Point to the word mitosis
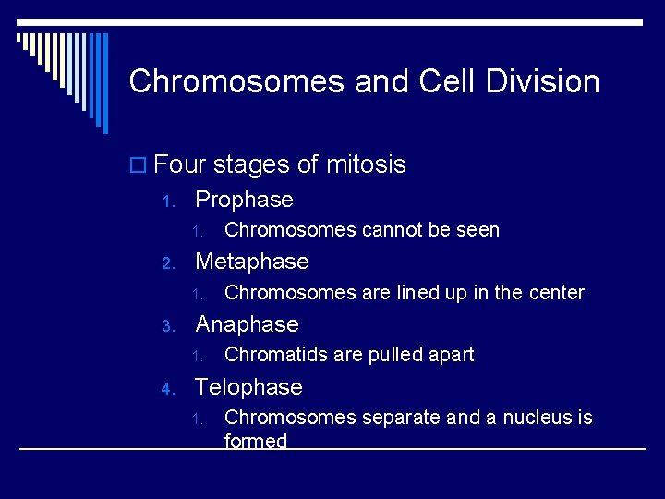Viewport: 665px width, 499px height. [x=365, y=165]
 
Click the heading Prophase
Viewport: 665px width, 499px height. [x=244, y=200]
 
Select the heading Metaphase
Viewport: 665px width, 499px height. [x=252, y=262]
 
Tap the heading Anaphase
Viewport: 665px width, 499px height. [x=248, y=324]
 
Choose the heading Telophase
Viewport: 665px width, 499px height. [x=248, y=387]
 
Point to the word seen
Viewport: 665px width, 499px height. [x=478, y=230]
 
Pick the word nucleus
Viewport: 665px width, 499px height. [x=526, y=418]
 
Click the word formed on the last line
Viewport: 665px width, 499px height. [x=256, y=442]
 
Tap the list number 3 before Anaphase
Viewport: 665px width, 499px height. [x=167, y=326]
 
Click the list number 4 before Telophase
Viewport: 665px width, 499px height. [x=167, y=389]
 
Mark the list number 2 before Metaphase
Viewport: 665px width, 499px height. [x=167, y=263]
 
